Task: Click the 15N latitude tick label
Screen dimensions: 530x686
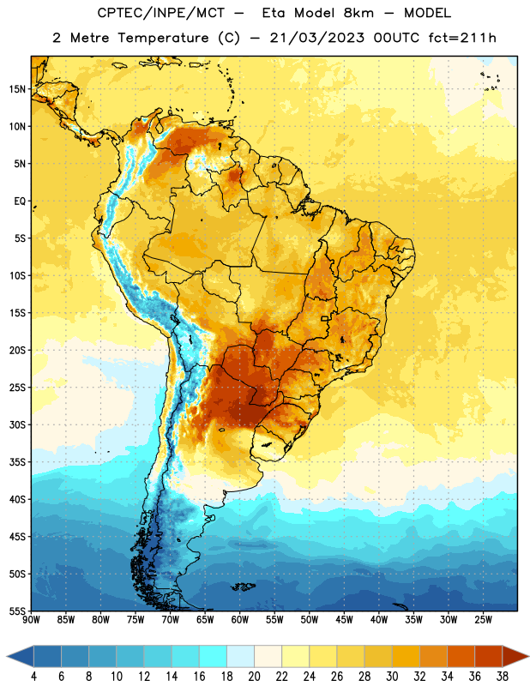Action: (x=17, y=89)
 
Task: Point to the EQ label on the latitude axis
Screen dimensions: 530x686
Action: (x=20, y=202)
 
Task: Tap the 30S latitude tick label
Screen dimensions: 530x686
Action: (x=17, y=424)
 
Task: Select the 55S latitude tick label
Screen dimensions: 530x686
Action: (x=17, y=611)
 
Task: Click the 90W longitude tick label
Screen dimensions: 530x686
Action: (x=31, y=620)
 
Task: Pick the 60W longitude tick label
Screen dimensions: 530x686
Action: (x=240, y=620)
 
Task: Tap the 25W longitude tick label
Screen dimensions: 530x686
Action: (x=483, y=620)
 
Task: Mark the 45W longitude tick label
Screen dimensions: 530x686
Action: (x=345, y=620)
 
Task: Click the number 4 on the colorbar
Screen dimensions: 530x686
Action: (x=33, y=677)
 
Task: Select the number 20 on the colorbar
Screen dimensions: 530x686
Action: (x=254, y=677)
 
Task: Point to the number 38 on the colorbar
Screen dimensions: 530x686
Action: (x=503, y=677)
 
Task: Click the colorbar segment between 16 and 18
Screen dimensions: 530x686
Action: (x=214, y=657)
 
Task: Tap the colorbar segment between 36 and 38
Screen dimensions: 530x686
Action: (x=489, y=657)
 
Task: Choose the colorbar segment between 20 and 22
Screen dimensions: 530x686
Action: (x=268, y=657)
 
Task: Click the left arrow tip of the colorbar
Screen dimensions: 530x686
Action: (x=7, y=657)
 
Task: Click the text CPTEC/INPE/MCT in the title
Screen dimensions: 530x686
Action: (x=160, y=13)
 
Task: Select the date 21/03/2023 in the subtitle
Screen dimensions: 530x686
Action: (x=316, y=38)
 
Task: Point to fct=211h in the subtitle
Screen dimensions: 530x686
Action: (x=462, y=38)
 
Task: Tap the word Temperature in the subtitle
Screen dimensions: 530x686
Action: (x=163, y=38)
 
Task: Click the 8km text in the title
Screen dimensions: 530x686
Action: (x=358, y=13)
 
